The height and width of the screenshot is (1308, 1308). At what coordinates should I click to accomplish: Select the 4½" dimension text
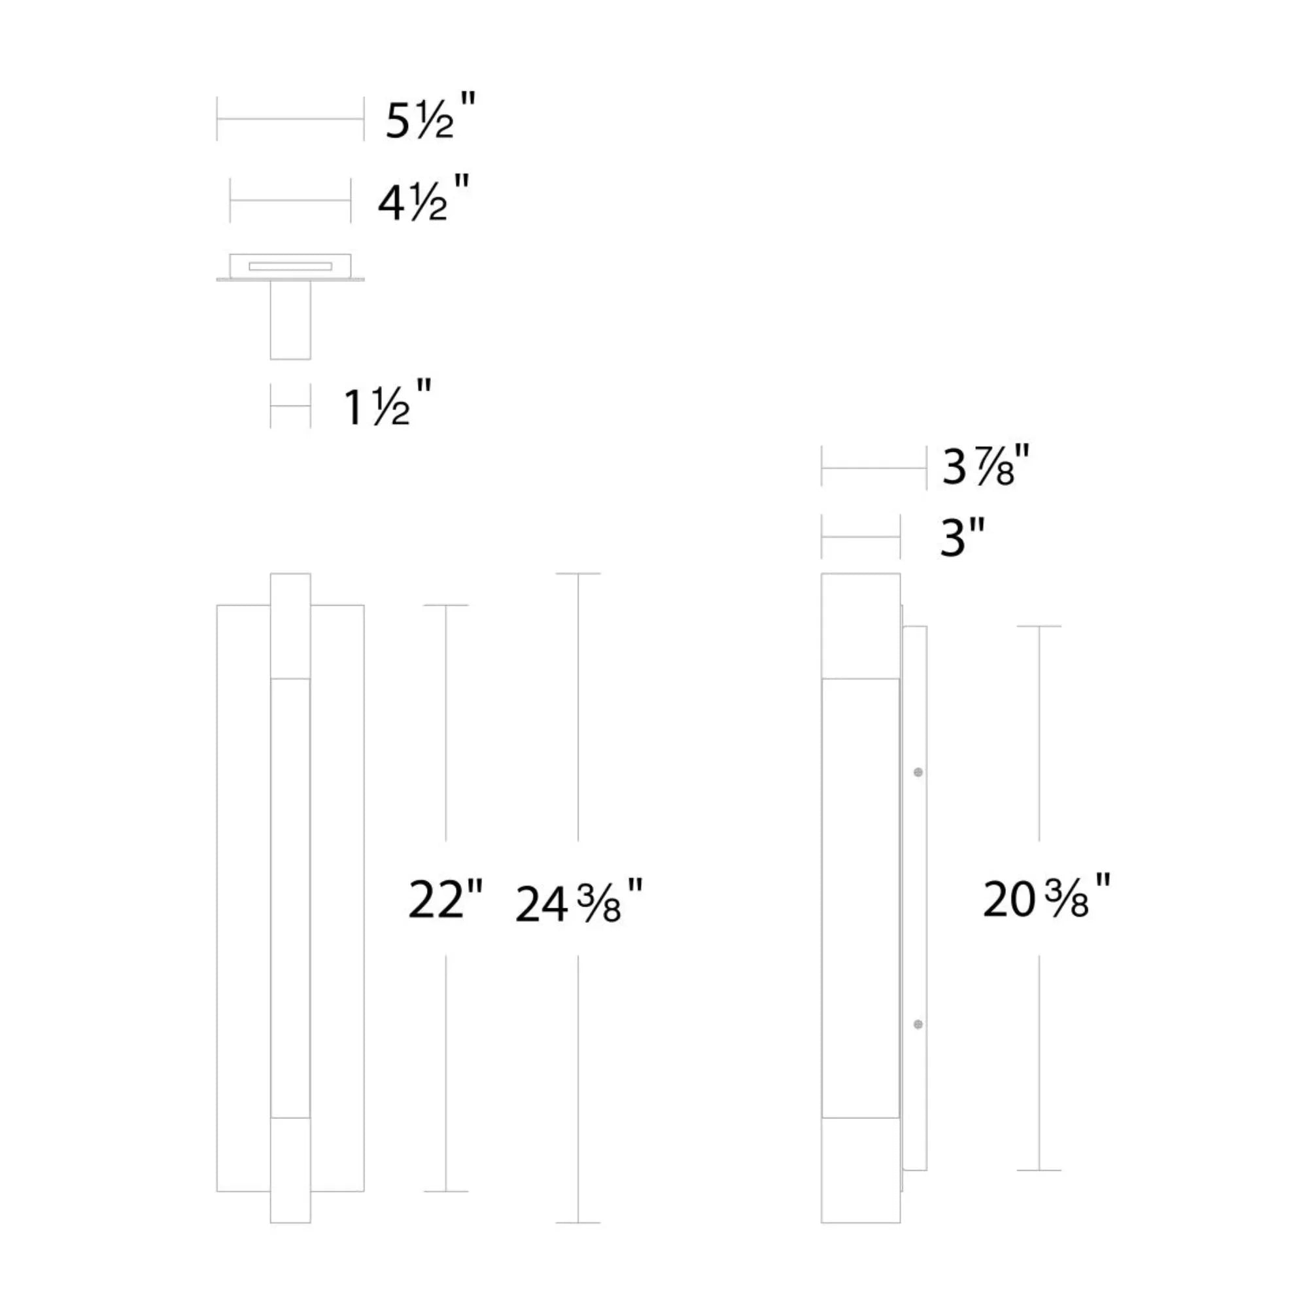tap(423, 200)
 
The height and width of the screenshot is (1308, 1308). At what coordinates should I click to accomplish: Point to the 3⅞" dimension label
tap(986, 467)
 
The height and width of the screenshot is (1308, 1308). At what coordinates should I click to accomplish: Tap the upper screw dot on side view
tap(918, 772)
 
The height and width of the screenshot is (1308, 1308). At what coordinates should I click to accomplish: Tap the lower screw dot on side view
tap(918, 1024)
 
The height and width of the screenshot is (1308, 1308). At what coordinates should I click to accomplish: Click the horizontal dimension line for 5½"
tap(290, 119)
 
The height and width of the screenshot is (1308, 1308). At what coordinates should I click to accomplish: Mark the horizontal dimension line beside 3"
tap(861, 537)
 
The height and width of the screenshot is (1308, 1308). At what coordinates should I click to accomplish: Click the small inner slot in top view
tap(290, 266)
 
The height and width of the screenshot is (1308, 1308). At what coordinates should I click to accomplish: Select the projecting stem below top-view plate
tap(290, 320)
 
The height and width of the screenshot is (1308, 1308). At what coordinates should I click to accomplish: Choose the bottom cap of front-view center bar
tap(290, 1169)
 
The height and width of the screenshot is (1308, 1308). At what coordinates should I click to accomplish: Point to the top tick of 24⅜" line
tap(577, 574)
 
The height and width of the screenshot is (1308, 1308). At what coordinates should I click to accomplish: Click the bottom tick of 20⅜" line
tap(1039, 1170)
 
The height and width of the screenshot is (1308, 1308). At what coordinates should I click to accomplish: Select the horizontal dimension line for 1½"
tap(290, 406)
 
